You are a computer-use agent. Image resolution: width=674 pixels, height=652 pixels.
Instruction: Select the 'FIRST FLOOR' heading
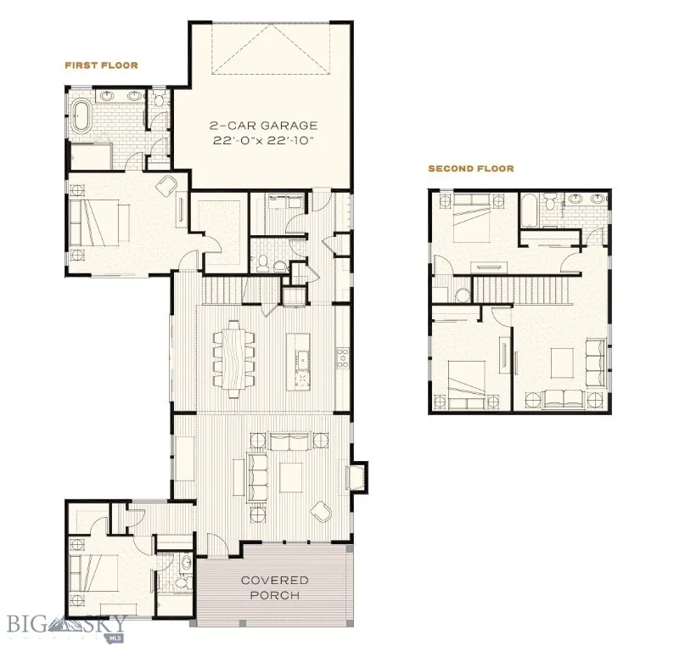pyautogui.click(x=101, y=65)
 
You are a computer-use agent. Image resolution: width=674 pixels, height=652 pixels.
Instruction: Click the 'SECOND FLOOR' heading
pyautogui.click(x=470, y=169)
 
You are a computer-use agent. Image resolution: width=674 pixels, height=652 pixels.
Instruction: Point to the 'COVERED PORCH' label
pyautogui.click(x=274, y=587)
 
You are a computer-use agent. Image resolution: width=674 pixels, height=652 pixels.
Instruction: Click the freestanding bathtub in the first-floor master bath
pyautogui.click(x=81, y=116)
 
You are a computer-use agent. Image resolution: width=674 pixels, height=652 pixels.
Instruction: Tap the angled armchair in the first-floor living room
pyautogui.click(x=322, y=512)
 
